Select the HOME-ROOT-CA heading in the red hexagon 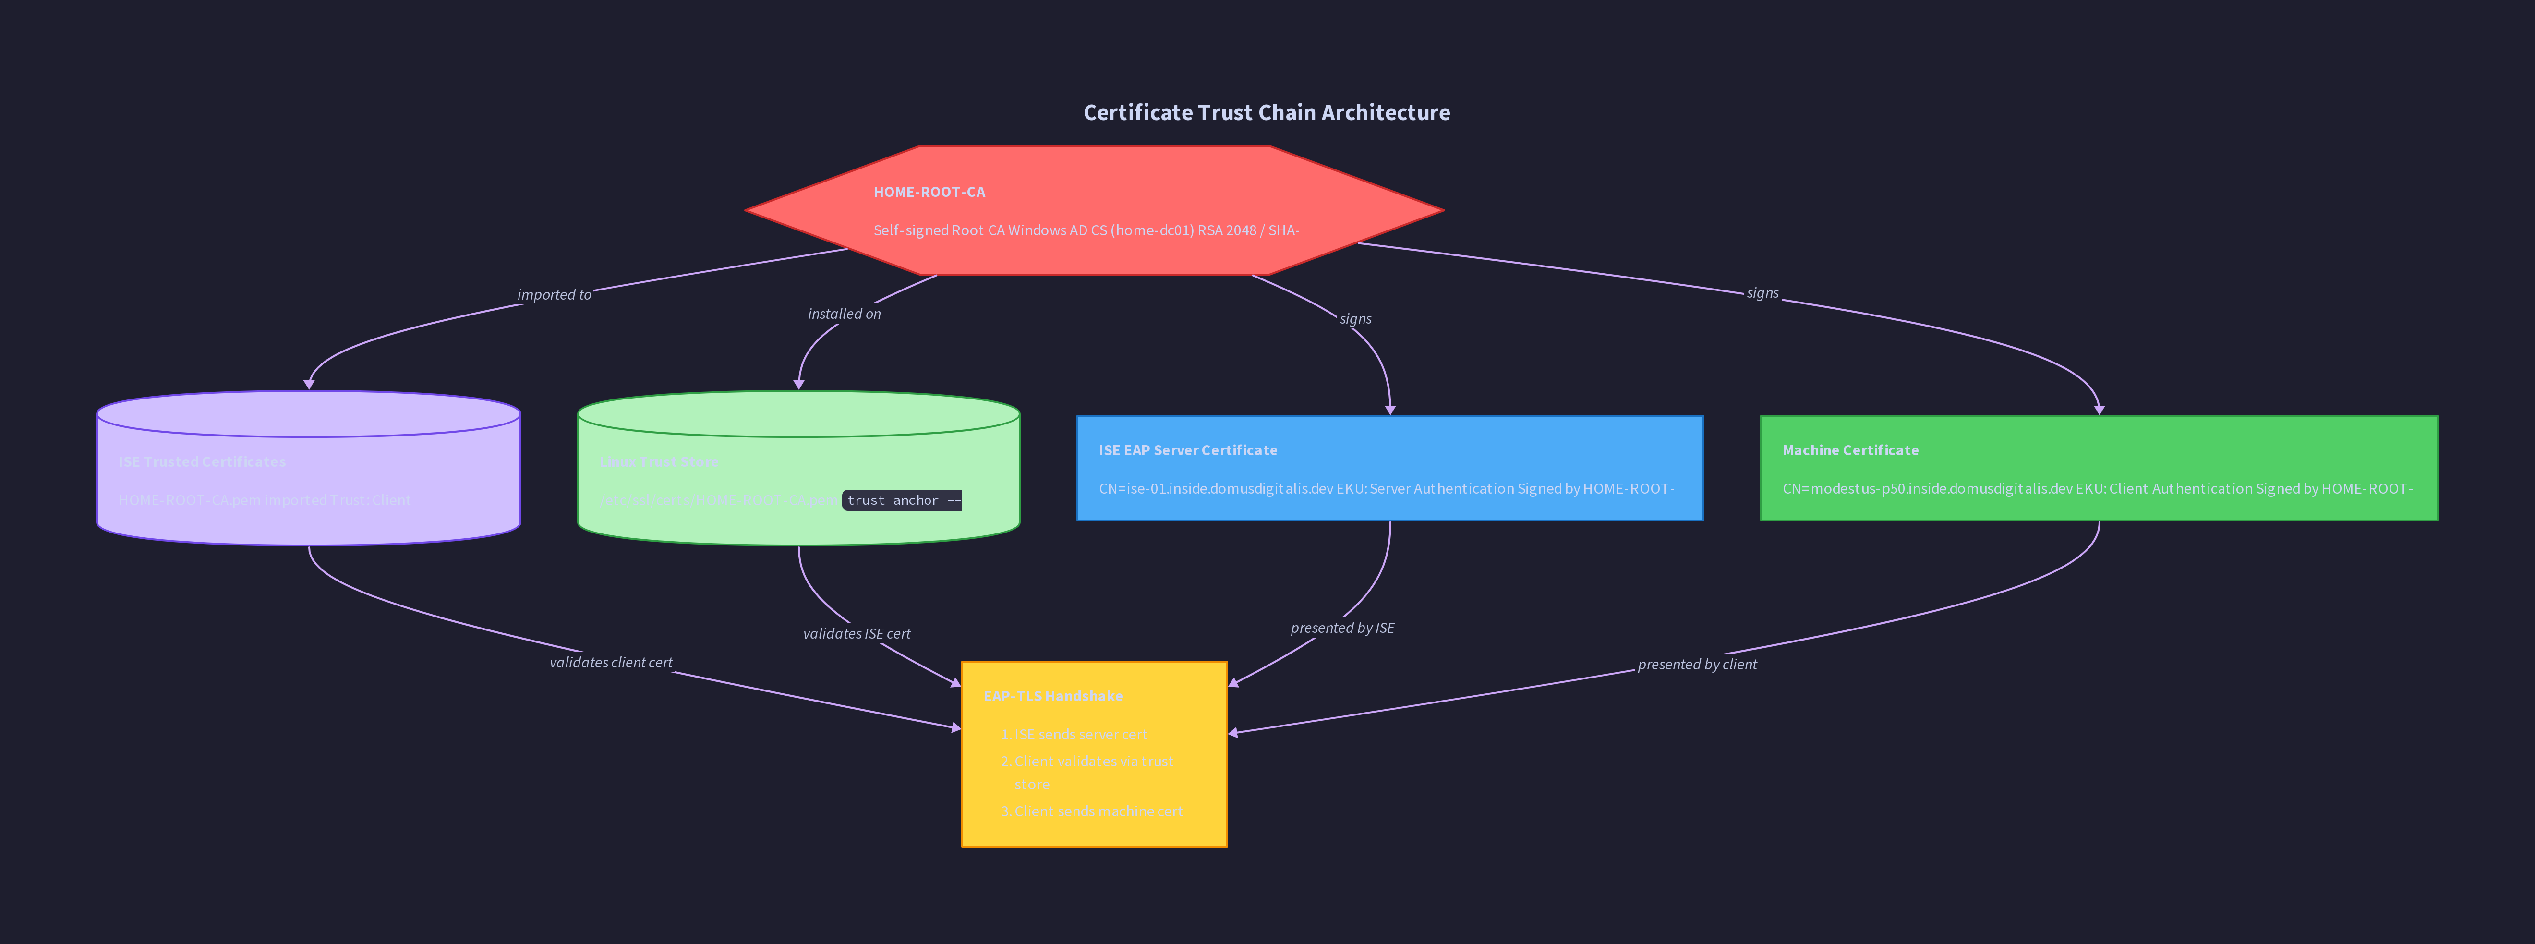[x=929, y=192]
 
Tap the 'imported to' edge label [x=554, y=294]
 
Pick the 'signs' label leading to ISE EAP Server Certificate [x=1355, y=319]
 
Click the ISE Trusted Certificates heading [x=202, y=461]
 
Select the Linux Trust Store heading [x=659, y=461]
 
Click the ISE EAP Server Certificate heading [x=1188, y=450]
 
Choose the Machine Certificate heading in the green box [x=1850, y=450]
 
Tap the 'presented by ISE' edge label [x=1342, y=628]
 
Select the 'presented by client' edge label [x=1697, y=665]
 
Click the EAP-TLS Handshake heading [x=1053, y=696]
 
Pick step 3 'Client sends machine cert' [x=1097, y=811]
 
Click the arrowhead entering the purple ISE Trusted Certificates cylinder [x=309, y=384]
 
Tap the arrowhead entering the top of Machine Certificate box [x=2099, y=409]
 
